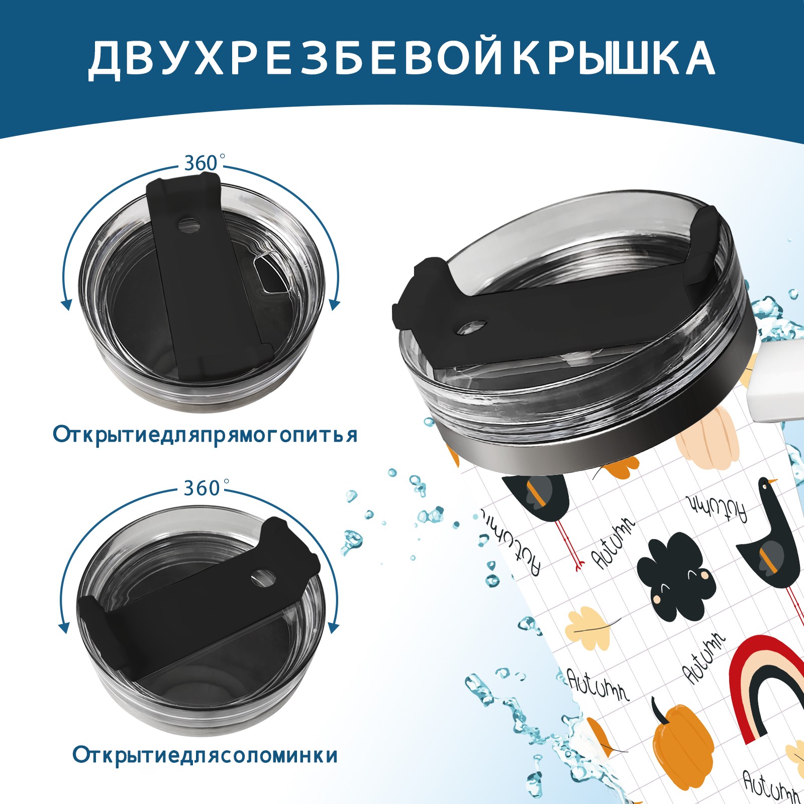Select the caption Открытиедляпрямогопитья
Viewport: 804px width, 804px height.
click(x=205, y=434)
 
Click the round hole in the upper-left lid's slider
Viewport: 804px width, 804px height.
click(x=189, y=225)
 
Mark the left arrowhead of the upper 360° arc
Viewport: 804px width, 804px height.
click(x=65, y=305)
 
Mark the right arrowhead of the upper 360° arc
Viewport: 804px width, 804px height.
click(x=335, y=305)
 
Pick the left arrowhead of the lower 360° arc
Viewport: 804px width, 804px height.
click(x=64, y=628)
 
